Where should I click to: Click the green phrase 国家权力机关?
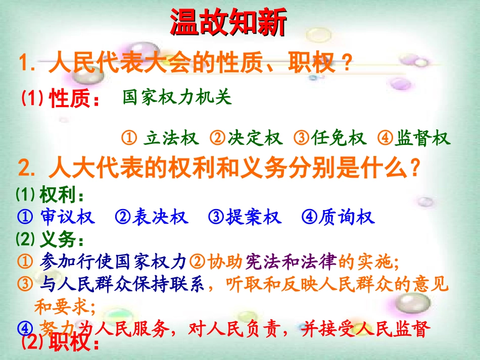click(177, 97)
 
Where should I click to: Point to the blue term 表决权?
click(159, 218)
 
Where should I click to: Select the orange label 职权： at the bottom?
click(74, 344)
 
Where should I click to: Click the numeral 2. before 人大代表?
click(27, 168)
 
